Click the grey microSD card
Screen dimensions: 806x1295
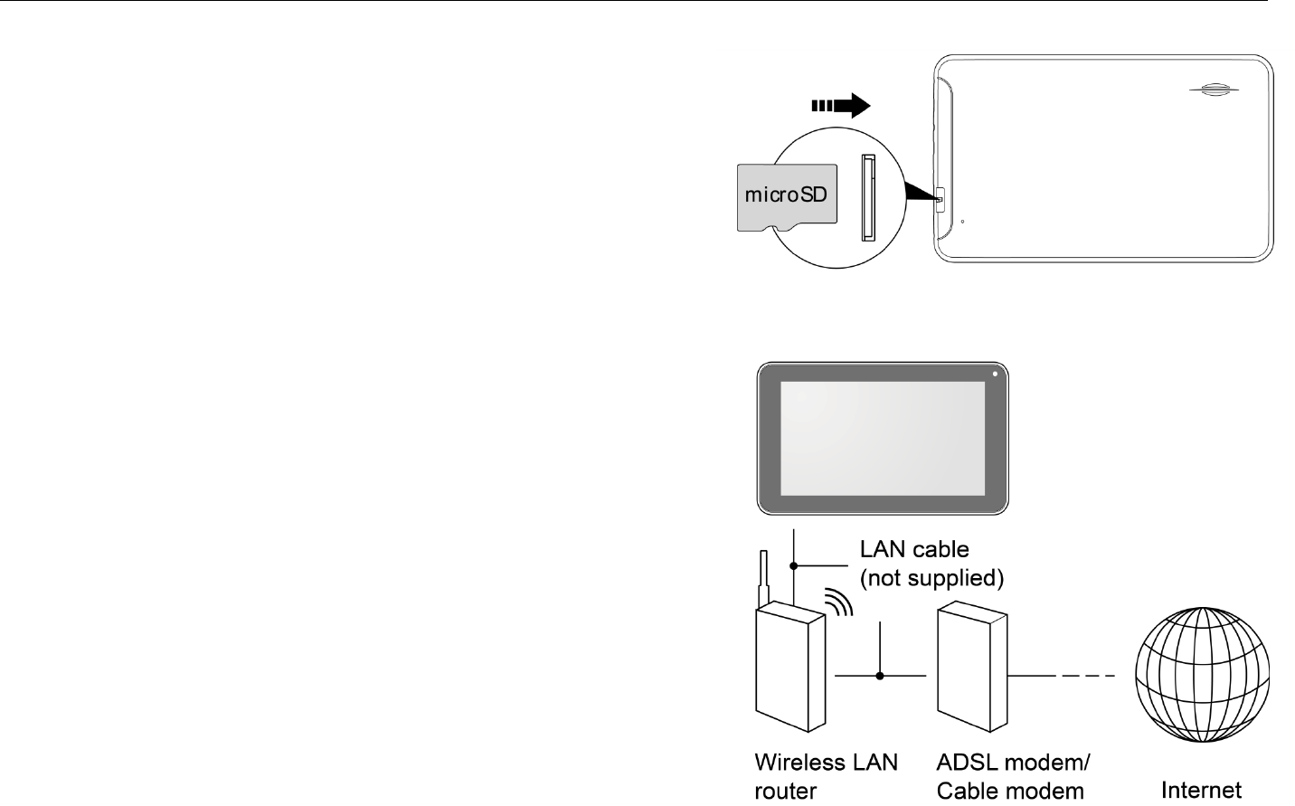tap(784, 196)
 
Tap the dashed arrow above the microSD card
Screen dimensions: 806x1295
tap(841, 106)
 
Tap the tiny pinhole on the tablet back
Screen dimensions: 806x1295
tap(962, 221)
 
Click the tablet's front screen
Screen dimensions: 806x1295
tap(882, 439)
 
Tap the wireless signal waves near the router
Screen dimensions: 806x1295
tap(840, 603)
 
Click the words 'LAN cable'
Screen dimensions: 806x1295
tap(914, 549)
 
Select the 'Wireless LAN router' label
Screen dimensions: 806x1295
tap(826, 776)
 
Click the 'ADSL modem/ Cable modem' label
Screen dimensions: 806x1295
tap(1012, 776)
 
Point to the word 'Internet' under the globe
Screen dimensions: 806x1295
tap(1201, 790)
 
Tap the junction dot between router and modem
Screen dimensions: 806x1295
tap(880, 675)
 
